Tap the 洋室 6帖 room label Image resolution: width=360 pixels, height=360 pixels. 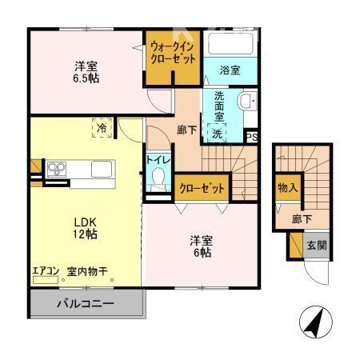click(x=200, y=246)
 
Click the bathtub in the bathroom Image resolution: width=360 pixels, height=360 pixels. click(x=230, y=45)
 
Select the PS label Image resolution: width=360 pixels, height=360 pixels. click(x=252, y=137)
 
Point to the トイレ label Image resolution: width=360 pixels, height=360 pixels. click(x=157, y=158)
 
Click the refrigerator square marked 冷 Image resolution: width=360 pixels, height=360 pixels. click(x=102, y=128)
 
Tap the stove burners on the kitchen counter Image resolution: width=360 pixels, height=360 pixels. click(x=58, y=168)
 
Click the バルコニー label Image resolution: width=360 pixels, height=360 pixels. click(x=85, y=303)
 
